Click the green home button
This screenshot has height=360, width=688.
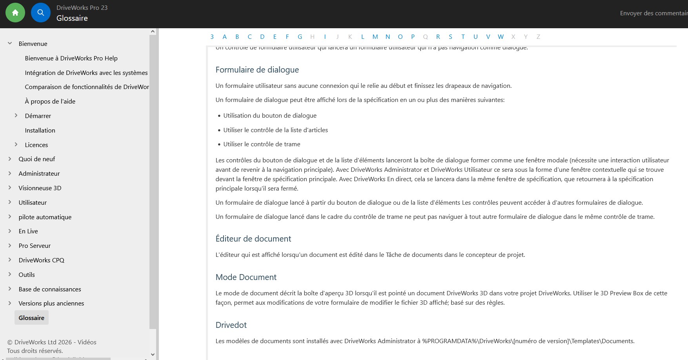(x=15, y=13)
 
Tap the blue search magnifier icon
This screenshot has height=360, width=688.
(x=41, y=13)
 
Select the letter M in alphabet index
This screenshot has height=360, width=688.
(x=375, y=37)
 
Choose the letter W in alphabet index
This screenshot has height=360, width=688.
(x=501, y=37)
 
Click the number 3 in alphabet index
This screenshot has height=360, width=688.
(x=212, y=37)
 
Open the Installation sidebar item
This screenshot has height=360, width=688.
(x=40, y=130)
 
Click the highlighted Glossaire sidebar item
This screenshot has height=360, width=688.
(x=31, y=318)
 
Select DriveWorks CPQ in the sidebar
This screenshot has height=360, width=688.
(x=41, y=260)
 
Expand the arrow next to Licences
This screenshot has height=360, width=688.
(x=16, y=145)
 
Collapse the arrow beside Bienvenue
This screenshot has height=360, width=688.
(x=10, y=44)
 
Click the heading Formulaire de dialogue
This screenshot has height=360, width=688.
(x=257, y=70)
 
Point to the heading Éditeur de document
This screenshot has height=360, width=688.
(x=253, y=239)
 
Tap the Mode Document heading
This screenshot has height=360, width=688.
(x=246, y=277)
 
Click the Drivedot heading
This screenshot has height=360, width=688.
(x=231, y=325)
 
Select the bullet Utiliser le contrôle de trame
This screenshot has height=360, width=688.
(x=262, y=144)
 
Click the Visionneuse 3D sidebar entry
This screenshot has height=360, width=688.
(x=40, y=188)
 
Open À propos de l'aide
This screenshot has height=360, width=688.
(x=50, y=101)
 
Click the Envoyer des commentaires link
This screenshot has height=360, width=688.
(x=653, y=13)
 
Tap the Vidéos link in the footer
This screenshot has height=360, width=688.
(x=87, y=342)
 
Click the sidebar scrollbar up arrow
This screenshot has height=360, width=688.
(x=153, y=31)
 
